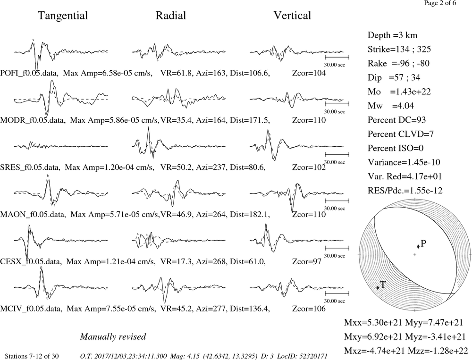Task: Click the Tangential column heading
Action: point(63,16)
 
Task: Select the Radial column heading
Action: point(171,16)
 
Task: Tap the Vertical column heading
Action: point(292,16)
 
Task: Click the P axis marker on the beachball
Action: point(418,246)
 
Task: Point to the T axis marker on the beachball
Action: point(378,287)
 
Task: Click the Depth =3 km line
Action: point(392,35)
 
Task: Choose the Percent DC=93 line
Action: point(396,120)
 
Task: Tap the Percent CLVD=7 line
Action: point(401,134)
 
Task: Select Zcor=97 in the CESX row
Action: point(307,262)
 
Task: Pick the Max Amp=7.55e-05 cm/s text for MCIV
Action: point(111,309)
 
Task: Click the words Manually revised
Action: point(113,337)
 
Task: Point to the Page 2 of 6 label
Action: point(440,3)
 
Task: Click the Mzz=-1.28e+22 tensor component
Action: point(438,351)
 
